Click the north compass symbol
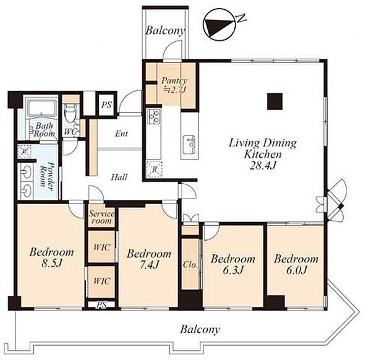[219, 25]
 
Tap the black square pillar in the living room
[275, 101]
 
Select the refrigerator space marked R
[155, 169]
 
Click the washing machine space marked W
[24, 152]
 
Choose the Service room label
[101, 217]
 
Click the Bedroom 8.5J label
[51, 257]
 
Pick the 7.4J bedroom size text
[149, 265]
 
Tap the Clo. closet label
[190, 265]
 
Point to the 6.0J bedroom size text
[296, 270]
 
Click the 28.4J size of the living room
[263, 165]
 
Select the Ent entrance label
[122, 134]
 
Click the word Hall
[119, 177]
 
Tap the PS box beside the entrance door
[106, 105]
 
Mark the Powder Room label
[46, 174]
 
